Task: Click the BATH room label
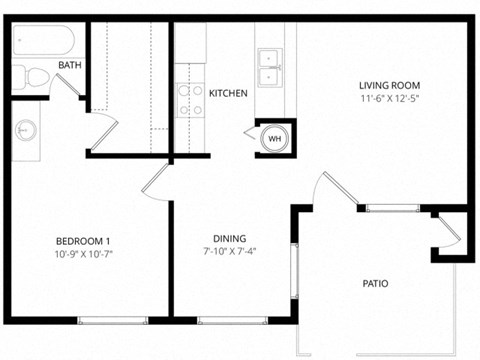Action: (70, 66)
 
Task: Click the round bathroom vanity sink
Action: (26, 129)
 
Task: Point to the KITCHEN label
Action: (228, 93)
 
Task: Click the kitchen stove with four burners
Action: (190, 98)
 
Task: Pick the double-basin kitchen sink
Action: (269, 67)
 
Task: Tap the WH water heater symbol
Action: (274, 137)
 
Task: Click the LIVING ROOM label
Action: (389, 86)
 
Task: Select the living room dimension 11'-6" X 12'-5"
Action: (389, 99)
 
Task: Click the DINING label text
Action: (230, 238)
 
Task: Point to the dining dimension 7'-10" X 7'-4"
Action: (230, 251)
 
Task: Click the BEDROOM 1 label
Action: (82, 242)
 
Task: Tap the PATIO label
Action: (376, 284)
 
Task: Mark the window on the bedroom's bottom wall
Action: (108, 320)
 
